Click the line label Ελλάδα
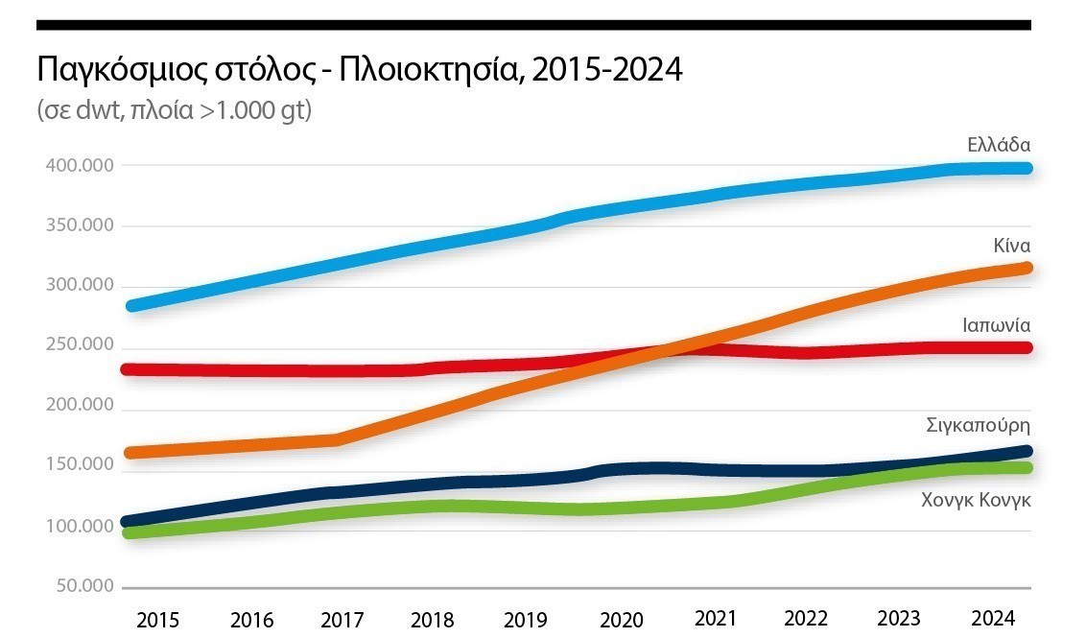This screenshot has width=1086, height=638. pyautogui.click(x=999, y=146)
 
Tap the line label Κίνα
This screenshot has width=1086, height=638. pyautogui.click(x=1012, y=246)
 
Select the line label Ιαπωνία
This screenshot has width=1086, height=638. pyautogui.click(x=997, y=324)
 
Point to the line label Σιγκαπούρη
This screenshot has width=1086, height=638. pyautogui.click(x=979, y=424)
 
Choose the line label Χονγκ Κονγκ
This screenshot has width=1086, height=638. pyautogui.click(x=976, y=499)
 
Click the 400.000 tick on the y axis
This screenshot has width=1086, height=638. pyautogui.click(x=80, y=166)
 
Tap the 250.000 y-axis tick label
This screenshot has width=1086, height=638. pyautogui.click(x=80, y=345)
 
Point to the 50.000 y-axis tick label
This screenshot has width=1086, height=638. pyautogui.click(x=84, y=586)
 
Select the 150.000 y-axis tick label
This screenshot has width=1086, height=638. pyautogui.click(x=80, y=465)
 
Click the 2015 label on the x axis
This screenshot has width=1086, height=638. pyautogui.click(x=157, y=619)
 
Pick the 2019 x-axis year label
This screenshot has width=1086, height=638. pyautogui.click(x=528, y=619)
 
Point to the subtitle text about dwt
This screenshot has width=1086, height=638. pyautogui.click(x=175, y=110)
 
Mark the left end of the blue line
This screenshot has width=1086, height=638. pyautogui.click(x=130, y=306)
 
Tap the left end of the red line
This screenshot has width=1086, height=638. pyautogui.click(x=129, y=368)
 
